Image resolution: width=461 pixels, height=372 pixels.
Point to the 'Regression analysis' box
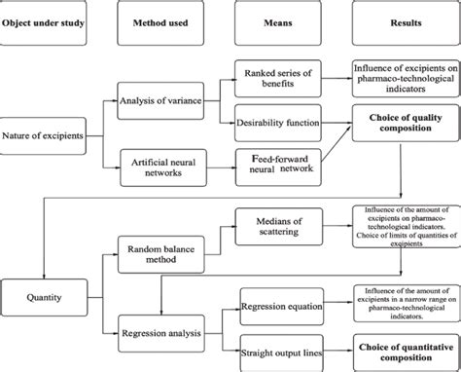[161, 332]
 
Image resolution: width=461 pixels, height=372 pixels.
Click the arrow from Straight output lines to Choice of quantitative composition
[336, 347]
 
